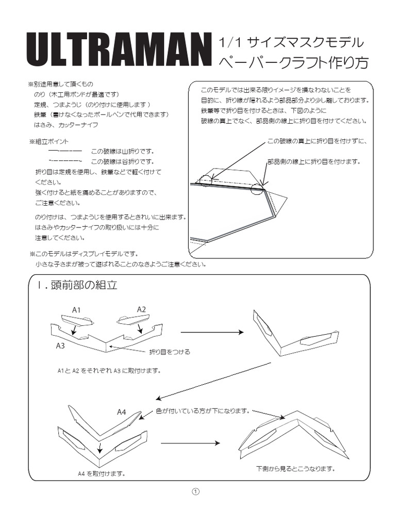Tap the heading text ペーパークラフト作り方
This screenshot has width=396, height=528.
[x=294, y=63]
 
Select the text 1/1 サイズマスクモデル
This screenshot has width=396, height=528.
[x=291, y=42]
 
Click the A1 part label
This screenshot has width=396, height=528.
[x=77, y=310]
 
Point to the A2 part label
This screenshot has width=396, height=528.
[x=141, y=309]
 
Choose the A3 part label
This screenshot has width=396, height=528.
[x=60, y=345]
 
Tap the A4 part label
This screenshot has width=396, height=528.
[x=122, y=411]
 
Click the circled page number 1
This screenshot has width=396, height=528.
[x=195, y=491]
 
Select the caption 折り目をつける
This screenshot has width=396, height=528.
[x=170, y=352]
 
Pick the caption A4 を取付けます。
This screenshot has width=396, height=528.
[x=101, y=473]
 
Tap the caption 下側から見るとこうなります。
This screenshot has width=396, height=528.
[x=295, y=469]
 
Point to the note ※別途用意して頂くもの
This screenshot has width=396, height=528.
[x=61, y=84]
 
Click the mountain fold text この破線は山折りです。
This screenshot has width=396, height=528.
[x=123, y=151]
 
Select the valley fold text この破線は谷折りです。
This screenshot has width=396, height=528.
[x=123, y=161]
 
